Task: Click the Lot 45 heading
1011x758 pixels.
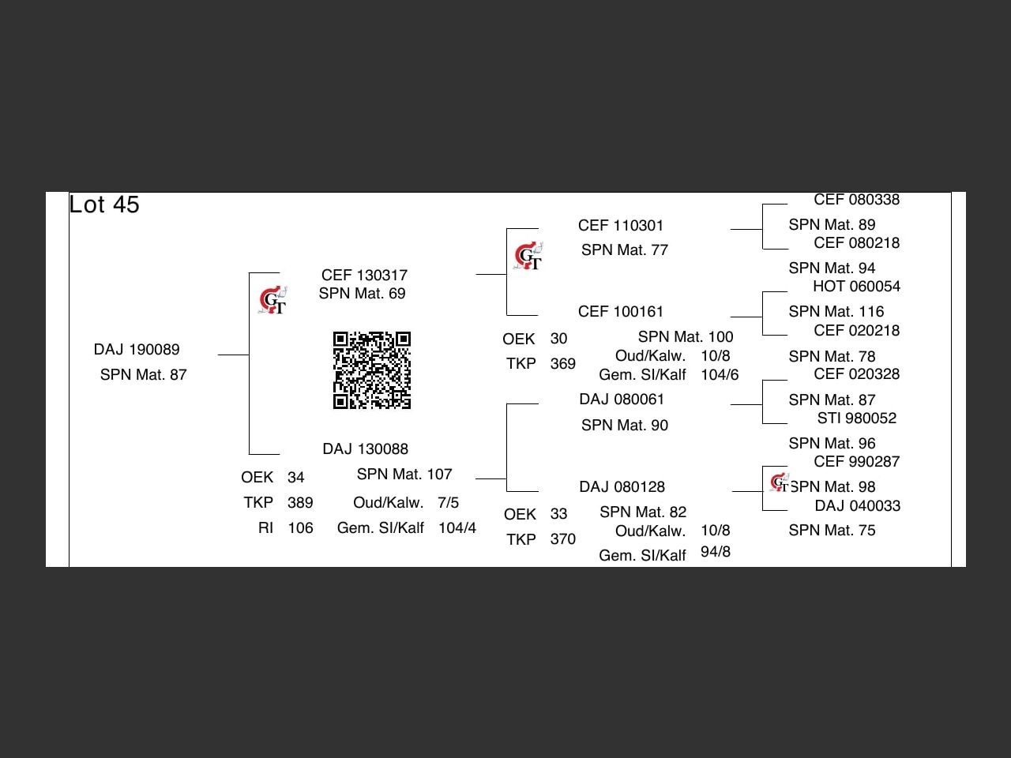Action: (x=104, y=205)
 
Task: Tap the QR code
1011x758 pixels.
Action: (x=372, y=370)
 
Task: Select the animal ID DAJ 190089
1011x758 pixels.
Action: (x=137, y=349)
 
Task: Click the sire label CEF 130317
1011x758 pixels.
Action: (x=364, y=275)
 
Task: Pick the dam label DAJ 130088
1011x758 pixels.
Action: (x=365, y=448)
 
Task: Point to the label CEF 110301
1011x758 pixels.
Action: (x=621, y=225)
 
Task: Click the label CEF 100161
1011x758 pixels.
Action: (x=621, y=311)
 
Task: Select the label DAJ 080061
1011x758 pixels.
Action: (x=622, y=399)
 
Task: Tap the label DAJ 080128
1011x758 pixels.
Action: (x=622, y=486)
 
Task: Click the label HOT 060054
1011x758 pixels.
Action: (x=856, y=286)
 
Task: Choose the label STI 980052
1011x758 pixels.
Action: (x=856, y=418)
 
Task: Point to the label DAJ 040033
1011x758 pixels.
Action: (x=857, y=505)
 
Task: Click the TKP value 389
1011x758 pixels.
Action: (x=300, y=502)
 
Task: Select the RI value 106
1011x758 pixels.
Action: (x=300, y=527)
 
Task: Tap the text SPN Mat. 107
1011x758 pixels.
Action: (x=404, y=474)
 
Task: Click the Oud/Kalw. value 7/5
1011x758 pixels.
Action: (x=448, y=502)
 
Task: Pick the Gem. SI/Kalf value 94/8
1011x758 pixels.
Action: (x=716, y=551)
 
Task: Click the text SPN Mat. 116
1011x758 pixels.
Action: (x=836, y=311)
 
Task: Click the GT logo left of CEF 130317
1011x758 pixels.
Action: (x=272, y=300)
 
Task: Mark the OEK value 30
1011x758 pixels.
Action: (x=558, y=338)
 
